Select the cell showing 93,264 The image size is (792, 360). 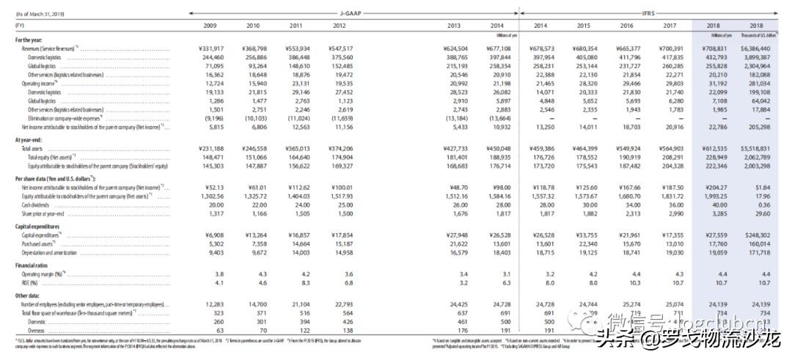click(252, 65)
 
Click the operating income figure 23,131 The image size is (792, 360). click(294, 84)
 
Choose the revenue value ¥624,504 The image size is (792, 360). click(465, 48)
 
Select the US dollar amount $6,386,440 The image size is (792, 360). click(759, 48)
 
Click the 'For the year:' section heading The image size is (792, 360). click(32, 40)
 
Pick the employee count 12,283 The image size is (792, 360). click(210, 303)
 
